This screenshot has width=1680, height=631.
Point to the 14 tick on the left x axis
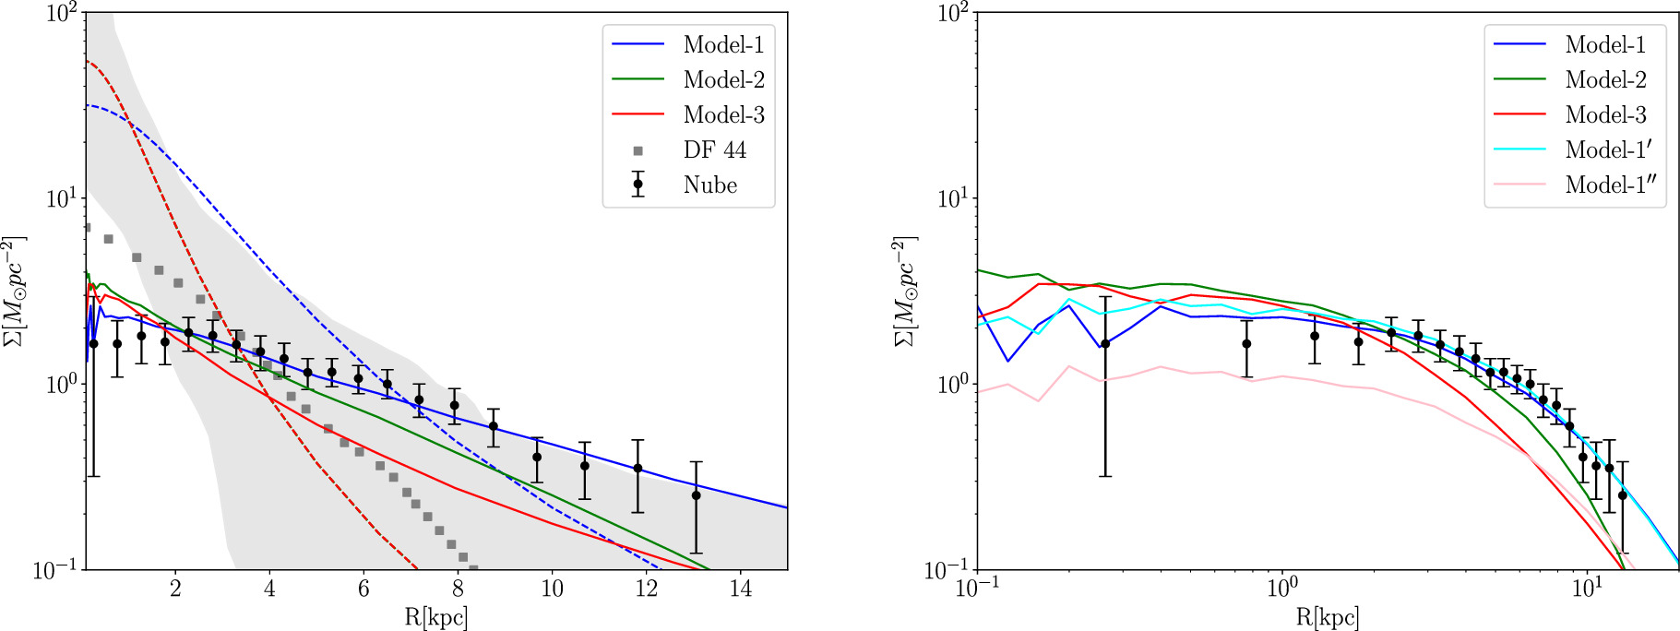tap(740, 589)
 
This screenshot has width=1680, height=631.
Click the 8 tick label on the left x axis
tap(458, 589)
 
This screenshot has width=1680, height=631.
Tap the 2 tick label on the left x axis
tap(175, 589)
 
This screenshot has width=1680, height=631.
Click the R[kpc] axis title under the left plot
tap(435, 617)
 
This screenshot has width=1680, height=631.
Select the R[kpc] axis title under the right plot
tap(1327, 617)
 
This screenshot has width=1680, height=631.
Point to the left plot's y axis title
tap(13, 291)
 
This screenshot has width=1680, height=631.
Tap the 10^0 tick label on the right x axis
tap(1281, 589)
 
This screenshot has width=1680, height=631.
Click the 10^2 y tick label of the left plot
tap(63, 13)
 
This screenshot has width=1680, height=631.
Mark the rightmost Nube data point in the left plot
tap(697, 495)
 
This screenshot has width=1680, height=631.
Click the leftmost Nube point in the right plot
tap(1105, 344)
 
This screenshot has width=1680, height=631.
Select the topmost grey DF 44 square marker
tap(86, 227)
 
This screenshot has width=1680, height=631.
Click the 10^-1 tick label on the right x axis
tap(976, 589)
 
